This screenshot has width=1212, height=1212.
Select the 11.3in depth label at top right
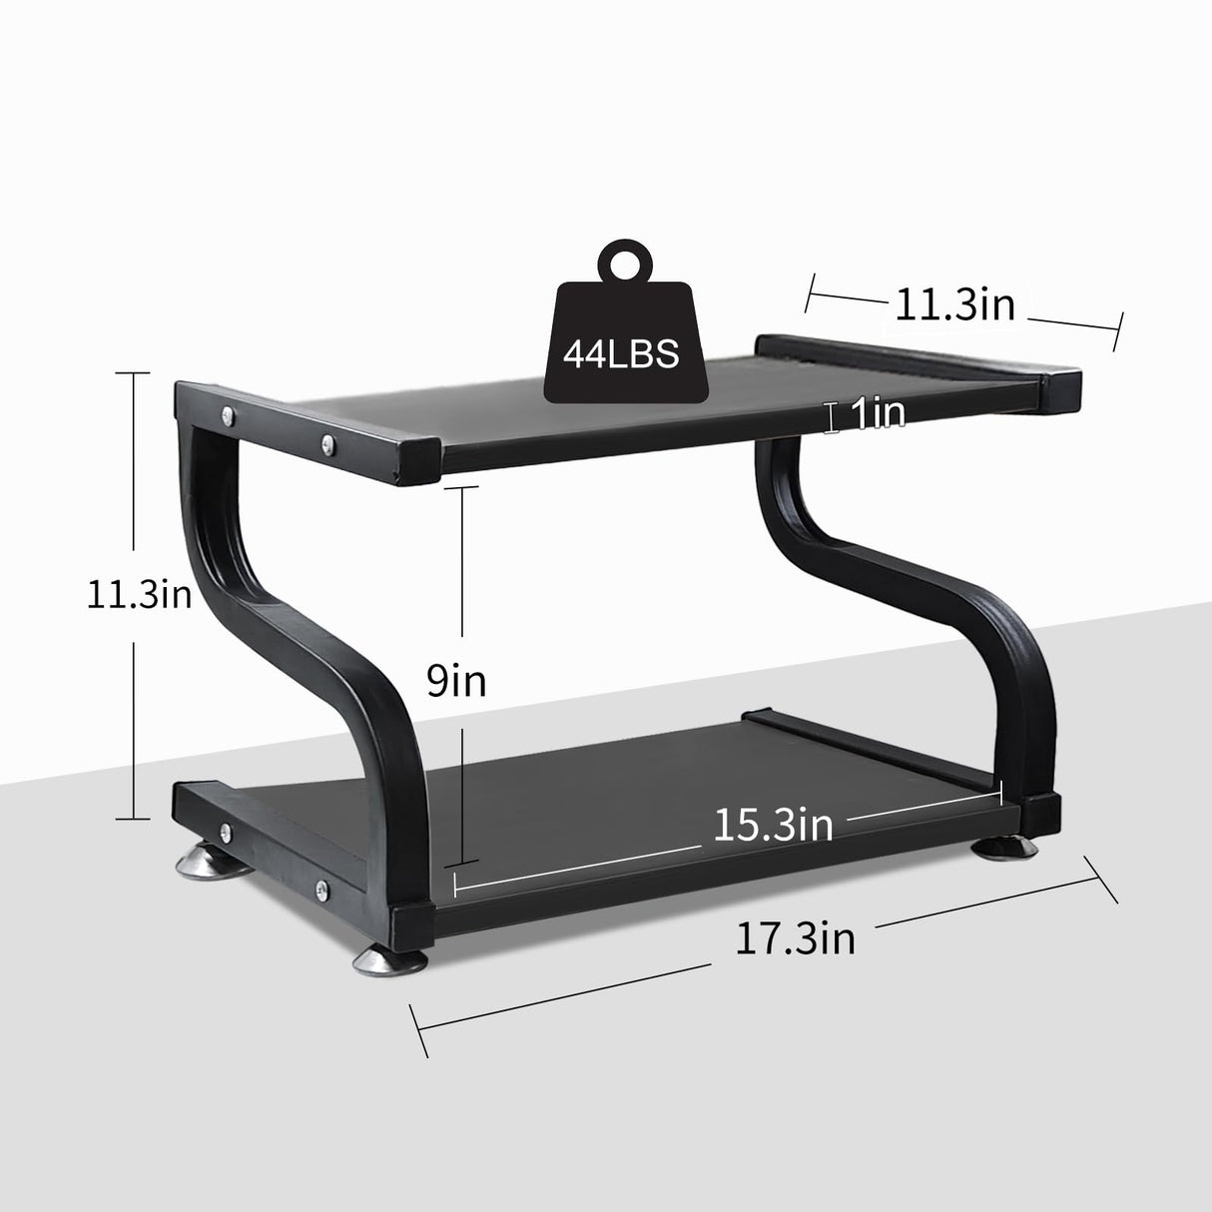954,303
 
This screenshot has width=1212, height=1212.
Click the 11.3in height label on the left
139,594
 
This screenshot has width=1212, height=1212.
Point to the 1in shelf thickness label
876,414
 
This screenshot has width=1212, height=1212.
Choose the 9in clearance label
456,681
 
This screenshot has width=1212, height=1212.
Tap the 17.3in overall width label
795,938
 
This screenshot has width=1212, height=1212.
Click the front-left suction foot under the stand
387,962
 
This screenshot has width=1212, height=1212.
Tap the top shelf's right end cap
1058,389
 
